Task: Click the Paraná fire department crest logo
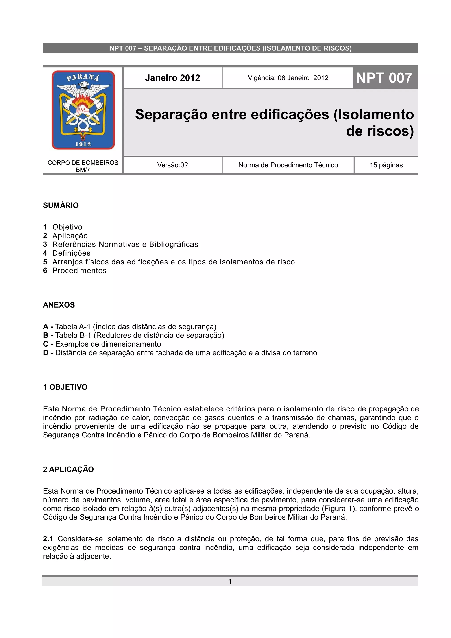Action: click(x=83, y=110)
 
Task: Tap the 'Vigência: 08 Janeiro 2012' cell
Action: click(x=288, y=78)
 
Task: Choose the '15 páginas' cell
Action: click(x=386, y=165)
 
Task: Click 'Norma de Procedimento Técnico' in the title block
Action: click(x=288, y=165)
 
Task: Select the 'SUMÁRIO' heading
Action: click(x=61, y=205)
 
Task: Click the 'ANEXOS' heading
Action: click(x=59, y=305)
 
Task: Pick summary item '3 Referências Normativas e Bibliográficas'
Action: click(x=121, y=245)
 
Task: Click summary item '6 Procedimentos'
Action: click(x=75, y=271)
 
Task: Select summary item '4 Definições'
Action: click(x=67, y=253)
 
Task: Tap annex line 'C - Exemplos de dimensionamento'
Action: click(x=102, y=344)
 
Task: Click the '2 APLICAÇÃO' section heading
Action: click(x=68, y=469)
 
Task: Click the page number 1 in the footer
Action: click(x=230, y=582)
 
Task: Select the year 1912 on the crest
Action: click(x=83, y=144)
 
